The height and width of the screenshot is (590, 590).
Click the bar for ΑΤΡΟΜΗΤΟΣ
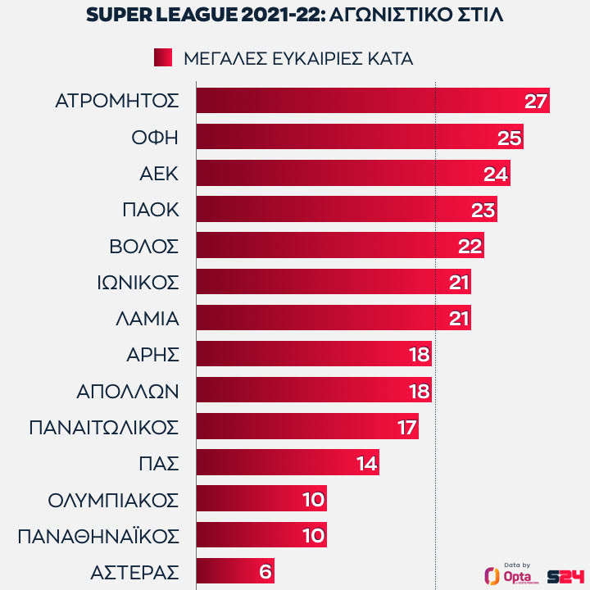tap(361, 102)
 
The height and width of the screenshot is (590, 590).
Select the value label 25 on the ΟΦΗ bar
tap(510, 138)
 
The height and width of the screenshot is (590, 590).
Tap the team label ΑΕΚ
tap(159, 174)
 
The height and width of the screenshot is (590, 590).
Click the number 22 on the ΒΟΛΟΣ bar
tap(470, 246)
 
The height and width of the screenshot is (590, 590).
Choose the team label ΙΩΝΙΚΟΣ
tap(137, 282)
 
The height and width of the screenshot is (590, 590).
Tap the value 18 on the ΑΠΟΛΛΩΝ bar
tap(418, 391)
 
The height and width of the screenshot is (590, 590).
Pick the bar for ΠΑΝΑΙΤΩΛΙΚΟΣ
tap(303, 427)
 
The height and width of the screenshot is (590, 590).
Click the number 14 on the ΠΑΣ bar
tap(366, 463)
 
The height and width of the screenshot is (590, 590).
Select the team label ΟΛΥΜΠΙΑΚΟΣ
tap(113, 499)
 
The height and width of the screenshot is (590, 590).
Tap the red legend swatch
tap(162, 57)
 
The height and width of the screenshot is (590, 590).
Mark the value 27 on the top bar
tap(535, 102)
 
